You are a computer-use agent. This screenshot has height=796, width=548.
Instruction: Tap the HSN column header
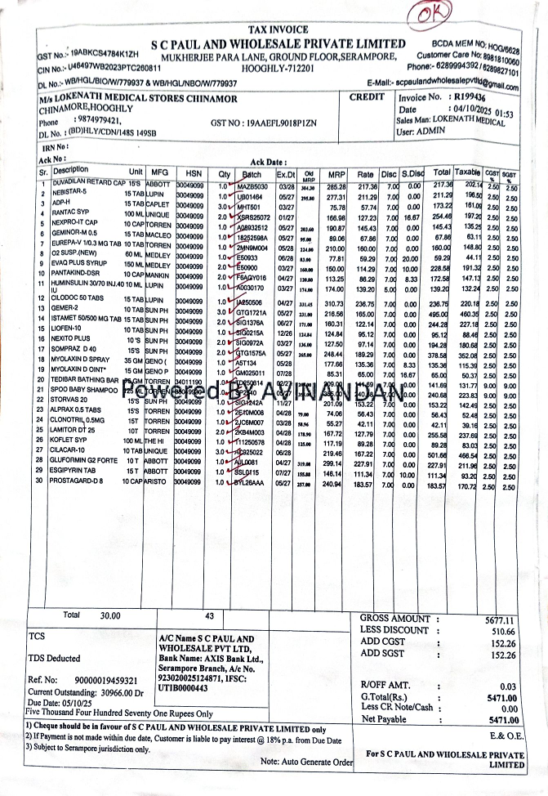coord(194,173)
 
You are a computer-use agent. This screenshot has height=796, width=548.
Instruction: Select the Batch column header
coord(252,174)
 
